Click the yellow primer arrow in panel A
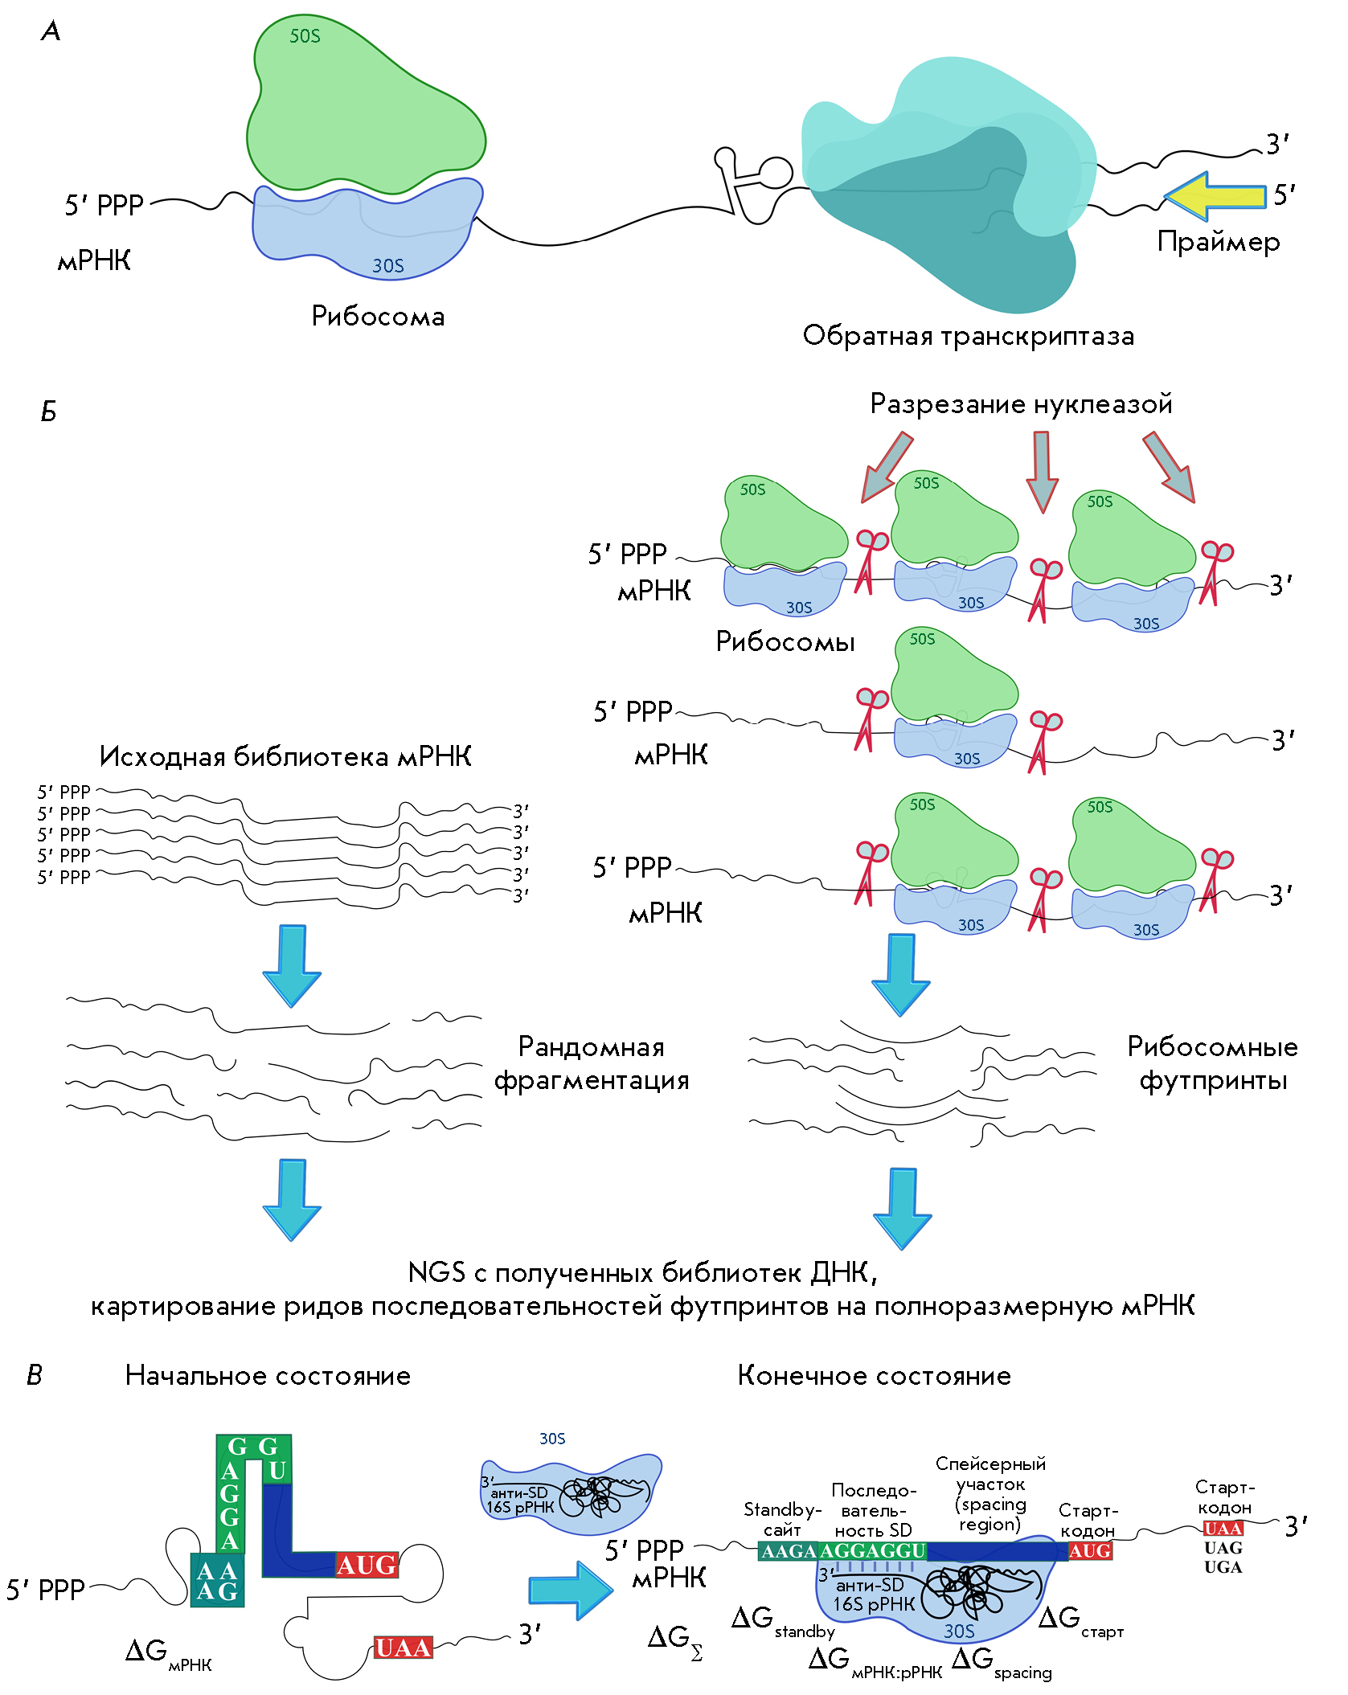[1214, 196]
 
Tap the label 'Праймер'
[1218, 242]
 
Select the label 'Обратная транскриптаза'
[968, 336]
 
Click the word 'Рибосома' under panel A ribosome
[378, 317]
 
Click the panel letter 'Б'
[48, 412]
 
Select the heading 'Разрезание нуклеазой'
[1021, 403]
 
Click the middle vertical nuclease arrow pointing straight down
[1042, 471]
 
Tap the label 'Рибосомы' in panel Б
[785, 641]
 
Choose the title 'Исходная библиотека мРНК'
[285, 756]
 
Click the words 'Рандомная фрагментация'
[592, 1063]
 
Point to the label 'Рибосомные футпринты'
[1212, 1063]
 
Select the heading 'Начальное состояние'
[268, 1376]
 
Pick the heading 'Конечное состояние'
[874, 1376]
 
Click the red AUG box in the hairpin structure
[367, 1565]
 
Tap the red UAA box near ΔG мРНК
[403, 1648]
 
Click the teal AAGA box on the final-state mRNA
[788, 1551]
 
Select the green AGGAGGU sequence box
[872, 1551]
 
